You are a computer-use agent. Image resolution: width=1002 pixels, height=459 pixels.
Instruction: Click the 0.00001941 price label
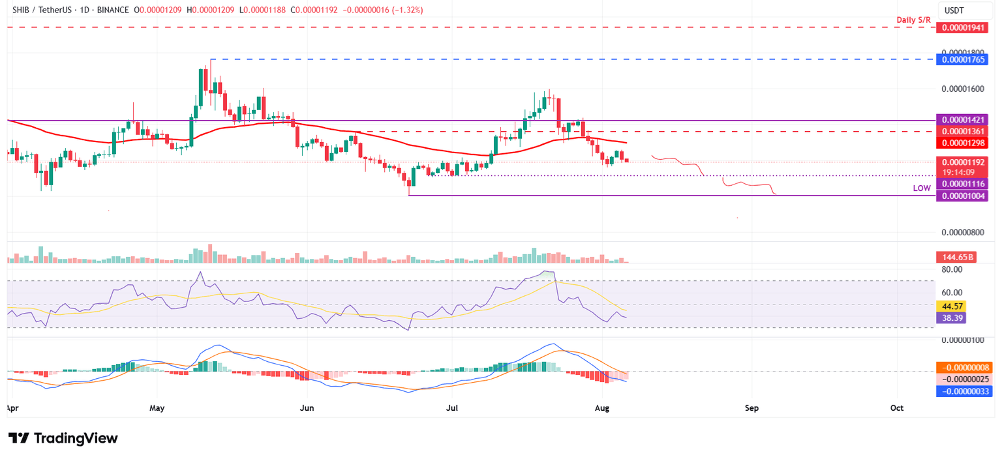pyautogui.click(x=962, y=28)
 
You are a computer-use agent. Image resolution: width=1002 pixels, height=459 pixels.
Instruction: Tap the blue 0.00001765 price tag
pyautogui.click(x=962, y=59)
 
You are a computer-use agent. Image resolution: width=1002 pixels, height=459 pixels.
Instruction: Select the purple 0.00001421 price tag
pyautogui.click(x=962, y=120)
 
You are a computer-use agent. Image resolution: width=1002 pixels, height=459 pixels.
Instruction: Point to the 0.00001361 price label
pyautogui.click(x=962, y=131)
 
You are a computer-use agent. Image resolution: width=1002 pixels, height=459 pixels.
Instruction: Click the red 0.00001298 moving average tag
pyautogui.click(x=962, y=142)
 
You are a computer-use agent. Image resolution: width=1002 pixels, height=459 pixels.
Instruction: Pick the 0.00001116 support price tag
pyautogui.click(x=962, y=185)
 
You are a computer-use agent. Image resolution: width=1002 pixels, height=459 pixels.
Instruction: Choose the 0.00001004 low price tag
pyautogui.click(x=962, y=196)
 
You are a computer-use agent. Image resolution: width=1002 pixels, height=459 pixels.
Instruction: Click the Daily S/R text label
pyautogui.click(x=914, y=20)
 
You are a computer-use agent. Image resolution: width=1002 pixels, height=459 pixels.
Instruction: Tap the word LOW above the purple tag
pyautogui.click(x=922, y=188)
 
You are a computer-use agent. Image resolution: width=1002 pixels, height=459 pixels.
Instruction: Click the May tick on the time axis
pyautogui.click(x=157, y=407)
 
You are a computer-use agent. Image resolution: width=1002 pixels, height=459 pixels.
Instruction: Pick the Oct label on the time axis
pyautogui.click(x=897, y=407)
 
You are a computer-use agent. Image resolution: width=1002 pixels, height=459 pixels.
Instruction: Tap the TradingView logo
pyautogui.click(x=63, y=438)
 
